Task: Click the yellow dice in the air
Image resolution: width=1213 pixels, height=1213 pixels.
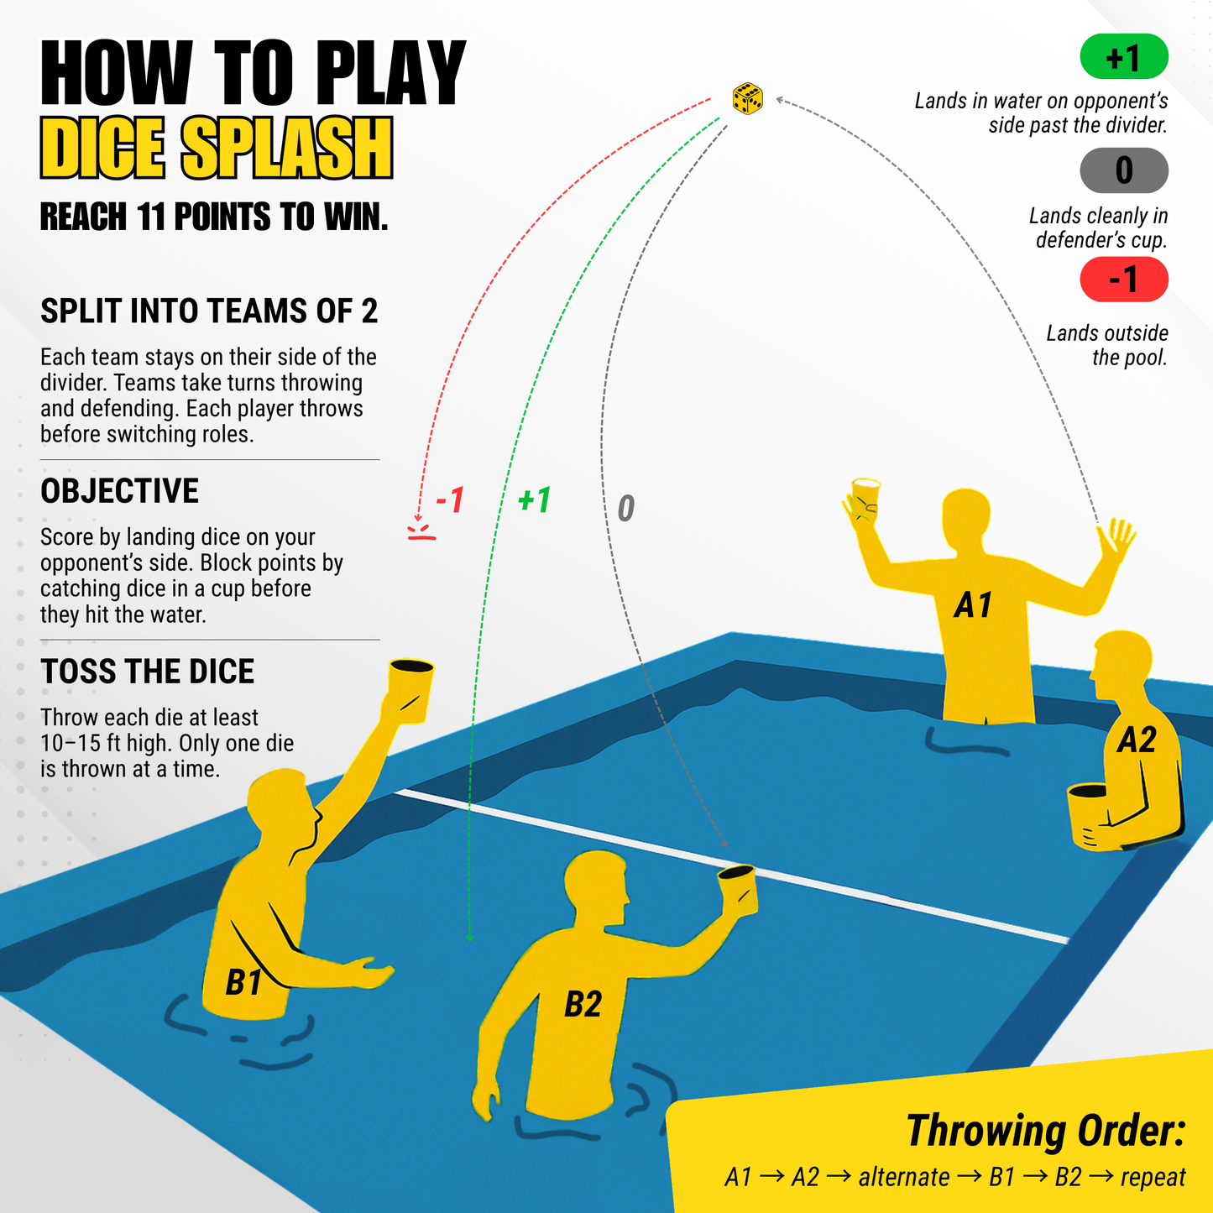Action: click(x=747, y=98)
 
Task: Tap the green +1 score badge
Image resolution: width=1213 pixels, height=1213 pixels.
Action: click(x=1124, y=57)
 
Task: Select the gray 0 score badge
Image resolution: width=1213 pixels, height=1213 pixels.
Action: click(x=1124, y=170)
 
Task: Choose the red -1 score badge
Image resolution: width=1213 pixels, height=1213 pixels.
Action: click(x=1124, y=279)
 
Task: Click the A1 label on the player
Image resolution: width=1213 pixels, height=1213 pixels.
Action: click(x=973, y=605)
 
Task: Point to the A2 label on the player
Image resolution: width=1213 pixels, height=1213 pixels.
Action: click(x=1137, y=740)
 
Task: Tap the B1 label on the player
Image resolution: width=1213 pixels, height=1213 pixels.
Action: click(x=244, y=982)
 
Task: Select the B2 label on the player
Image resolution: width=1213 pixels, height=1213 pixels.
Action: click(x=583, y=1004)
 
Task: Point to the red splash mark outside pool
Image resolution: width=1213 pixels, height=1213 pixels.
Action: click(x=421, y=531)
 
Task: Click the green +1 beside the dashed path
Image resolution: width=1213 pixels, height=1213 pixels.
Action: click(x=534, y=500)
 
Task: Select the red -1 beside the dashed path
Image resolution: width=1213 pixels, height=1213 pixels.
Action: click(x=450, y=500)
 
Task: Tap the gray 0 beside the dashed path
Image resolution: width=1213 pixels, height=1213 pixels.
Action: click(x=626, y=509)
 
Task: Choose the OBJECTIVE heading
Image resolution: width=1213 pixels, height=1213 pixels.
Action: click(x=120, y=491)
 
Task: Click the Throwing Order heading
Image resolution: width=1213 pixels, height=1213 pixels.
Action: click(x=1045, y=1130)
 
